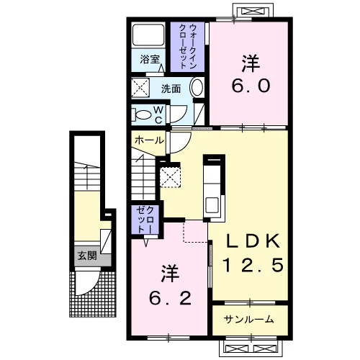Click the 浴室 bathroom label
(x=150, y=59)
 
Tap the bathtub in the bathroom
(x=148, y=35)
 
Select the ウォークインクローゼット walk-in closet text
(x=187, y=46)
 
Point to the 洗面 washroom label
(x=171, y=89)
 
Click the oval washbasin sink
(x=197, y=87)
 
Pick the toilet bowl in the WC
(x=142, y=115)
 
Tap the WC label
(x=158, y=115)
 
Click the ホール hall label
(x=149, y=140)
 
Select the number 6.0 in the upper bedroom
(x=251, y=85)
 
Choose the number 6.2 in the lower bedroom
(x=170, y=298)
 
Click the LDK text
(x=253, y=241)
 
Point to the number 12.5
(x=253, y=265)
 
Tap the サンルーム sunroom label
(x=249, y=320)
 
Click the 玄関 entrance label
(x=87, y=256)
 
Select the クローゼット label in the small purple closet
(x=145, y=220)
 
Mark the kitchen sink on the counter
(x=212, y=204)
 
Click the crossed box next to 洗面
(x=140, y=87)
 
